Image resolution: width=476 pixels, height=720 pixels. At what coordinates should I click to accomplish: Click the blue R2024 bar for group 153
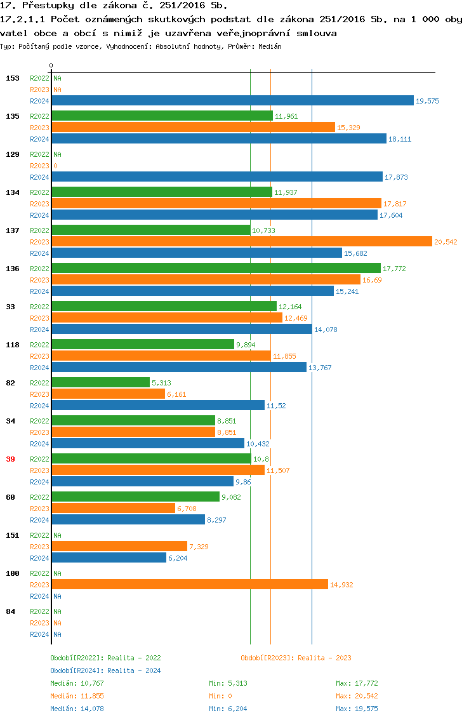point(232,100)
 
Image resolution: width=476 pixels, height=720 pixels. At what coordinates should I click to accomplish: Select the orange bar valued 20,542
point(242,241)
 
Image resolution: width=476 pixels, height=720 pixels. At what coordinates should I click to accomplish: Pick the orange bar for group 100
point(190,584)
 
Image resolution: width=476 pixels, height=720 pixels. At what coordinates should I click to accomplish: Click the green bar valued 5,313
point(101,382)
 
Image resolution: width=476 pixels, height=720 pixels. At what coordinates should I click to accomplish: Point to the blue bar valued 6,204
point(109,557)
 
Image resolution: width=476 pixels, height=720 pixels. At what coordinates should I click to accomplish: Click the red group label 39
point(10,459)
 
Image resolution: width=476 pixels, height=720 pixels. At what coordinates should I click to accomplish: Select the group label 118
point(12,345)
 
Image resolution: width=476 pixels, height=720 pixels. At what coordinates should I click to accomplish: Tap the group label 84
point(10,611)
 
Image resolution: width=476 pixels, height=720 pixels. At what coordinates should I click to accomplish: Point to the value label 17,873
point(396,177)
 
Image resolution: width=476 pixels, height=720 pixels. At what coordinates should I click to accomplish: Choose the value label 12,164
point(290,307)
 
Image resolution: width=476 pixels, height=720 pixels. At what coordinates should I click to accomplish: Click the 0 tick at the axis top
point(51,65)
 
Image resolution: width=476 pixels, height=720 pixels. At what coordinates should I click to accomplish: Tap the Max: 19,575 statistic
point(357,709)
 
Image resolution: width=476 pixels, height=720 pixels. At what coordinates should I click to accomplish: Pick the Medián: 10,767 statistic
point(77,683)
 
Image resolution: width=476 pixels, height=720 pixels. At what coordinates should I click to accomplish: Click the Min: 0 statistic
point(220,696)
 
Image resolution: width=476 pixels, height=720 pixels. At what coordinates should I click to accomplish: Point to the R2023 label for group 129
point(39,166)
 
